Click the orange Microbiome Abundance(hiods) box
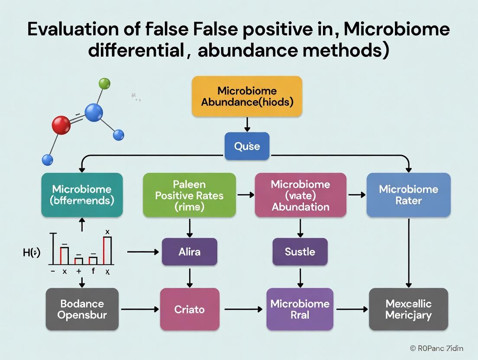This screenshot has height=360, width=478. tap(247, 96)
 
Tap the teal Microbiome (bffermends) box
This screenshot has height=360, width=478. tap(82, 195)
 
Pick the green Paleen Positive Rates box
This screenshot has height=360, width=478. tap(189, 195)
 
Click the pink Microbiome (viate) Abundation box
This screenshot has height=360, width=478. tap(300, 195)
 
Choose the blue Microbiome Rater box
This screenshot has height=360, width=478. tap(408, 195)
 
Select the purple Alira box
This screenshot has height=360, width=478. tap(189, 251)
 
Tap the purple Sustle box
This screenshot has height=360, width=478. tap(300, 251)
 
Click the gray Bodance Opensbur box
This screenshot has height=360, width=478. tap(82, 309)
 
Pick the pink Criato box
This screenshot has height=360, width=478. tap(189, 309)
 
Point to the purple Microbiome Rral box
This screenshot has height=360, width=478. tap(300, 309)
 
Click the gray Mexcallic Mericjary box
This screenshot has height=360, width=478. tap(408, 309)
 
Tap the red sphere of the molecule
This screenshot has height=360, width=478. tap(61, 125)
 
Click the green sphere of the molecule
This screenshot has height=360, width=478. tap(104, 83)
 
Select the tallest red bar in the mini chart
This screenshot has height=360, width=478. tap(107, 251)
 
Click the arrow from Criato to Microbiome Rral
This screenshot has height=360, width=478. tap(243, 309)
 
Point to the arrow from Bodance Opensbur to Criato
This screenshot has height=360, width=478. tap(139, 309)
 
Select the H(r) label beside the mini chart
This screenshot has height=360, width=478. tap(32, 252)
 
